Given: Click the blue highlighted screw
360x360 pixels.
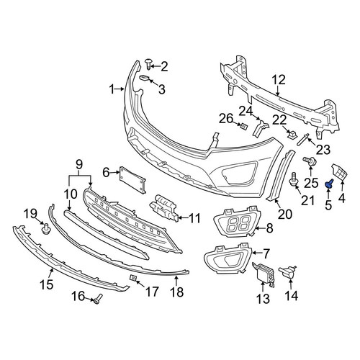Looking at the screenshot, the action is pyautogui.click(x=328, y=183).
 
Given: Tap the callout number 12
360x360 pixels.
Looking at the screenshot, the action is pyautogui.click(x=279, y=80).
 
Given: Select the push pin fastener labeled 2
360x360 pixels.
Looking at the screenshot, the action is pyautogui.click(x=148, y=64).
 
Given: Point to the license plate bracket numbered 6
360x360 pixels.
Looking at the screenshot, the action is pyautogui.click(x=132, y=180).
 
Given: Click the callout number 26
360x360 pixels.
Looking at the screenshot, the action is pyautogui.click(x=226, y=118).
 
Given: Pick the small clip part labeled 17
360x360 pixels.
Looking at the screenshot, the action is pyautogui.click(x=133, y=278).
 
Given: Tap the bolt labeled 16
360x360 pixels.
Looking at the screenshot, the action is pyautogui.click(x=98, y=298).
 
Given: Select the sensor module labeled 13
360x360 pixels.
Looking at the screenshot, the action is pyautogui.click(x=264, y=274).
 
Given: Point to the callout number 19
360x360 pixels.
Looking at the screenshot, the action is pyautogui.click(x=30, y=213).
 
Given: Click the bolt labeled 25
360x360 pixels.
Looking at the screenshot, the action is pyautogui.click(x=310, y=161).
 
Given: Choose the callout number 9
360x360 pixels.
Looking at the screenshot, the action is pyautogui.click(x=79, y=165).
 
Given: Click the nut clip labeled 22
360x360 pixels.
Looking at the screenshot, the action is pyautogui.click(x=292, y=135).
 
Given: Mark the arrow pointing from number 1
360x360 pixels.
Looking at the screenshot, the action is pyautogui.click(x=120, y=89).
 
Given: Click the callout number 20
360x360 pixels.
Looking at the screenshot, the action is pyautogui.click(x=285, y=214).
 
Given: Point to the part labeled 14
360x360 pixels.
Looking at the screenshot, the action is pyautogui.click(x=287, y=273).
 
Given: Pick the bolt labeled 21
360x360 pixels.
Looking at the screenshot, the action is pyautogui.click(x=294, y=179).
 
